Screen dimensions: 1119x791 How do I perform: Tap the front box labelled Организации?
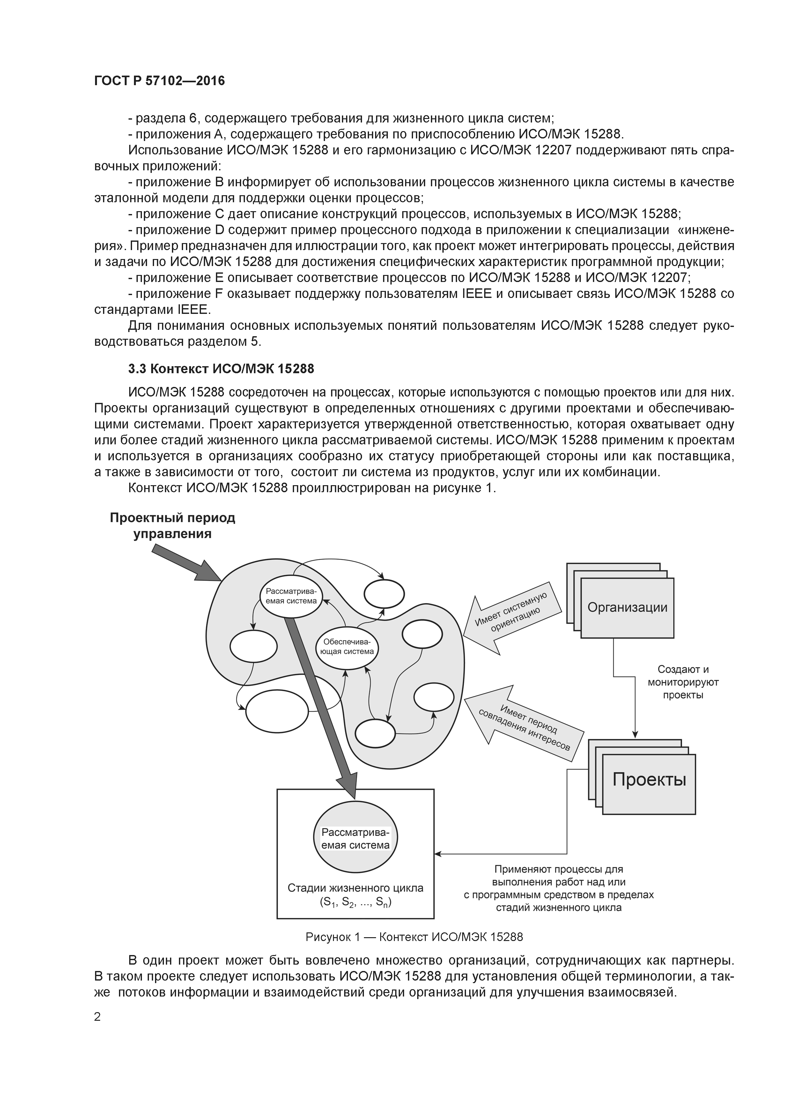click(627, 608)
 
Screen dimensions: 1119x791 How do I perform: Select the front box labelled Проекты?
click(649, 779)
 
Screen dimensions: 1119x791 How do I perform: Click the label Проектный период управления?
click(173, 525)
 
